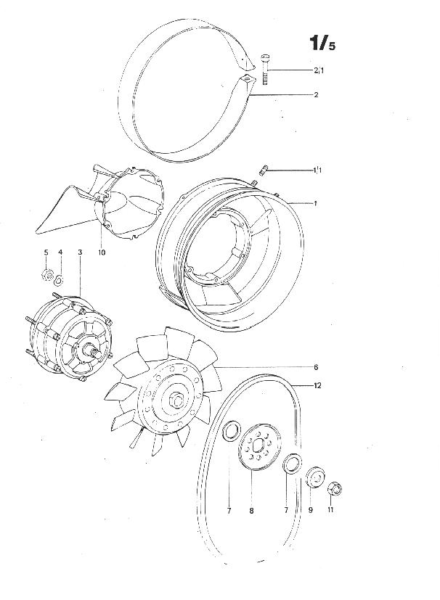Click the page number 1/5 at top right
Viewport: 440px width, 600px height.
tap(322, 43)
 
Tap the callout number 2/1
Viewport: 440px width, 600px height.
tap(319, 70)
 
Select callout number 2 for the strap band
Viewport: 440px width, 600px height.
tap(316, 94)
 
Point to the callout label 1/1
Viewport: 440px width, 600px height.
tap(317, 170)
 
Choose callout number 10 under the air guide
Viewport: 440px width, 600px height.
tap(102, 252)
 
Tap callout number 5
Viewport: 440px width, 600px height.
tap(46, 252)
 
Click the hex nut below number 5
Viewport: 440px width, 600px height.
tap(46, 274)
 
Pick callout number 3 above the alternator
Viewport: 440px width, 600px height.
tap(80, 252)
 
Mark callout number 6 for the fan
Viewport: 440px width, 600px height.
tap(316, 367)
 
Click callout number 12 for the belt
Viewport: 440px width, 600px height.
tap(317, 385)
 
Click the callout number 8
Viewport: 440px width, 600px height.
tap(251, 511)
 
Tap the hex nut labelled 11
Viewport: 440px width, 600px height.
tap(334, 489)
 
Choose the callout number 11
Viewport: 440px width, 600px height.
tap(330, 510)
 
